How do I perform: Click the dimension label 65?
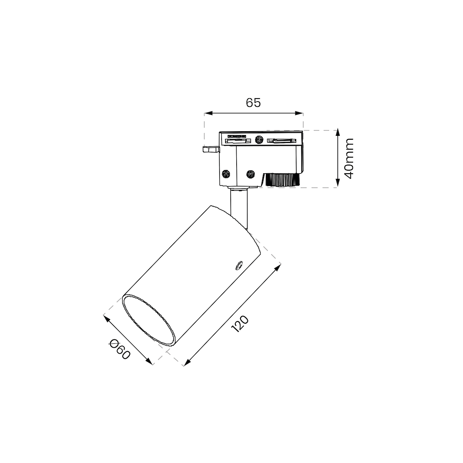(x=253, y=102)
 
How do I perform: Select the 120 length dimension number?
(x=240, y=324)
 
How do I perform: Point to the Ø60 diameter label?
(x=120, y=350)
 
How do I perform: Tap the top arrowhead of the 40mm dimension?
(x=338, y=132)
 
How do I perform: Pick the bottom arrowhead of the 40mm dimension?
(x=338, y=183)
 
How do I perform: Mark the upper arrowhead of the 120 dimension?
(x=278, y=267)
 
